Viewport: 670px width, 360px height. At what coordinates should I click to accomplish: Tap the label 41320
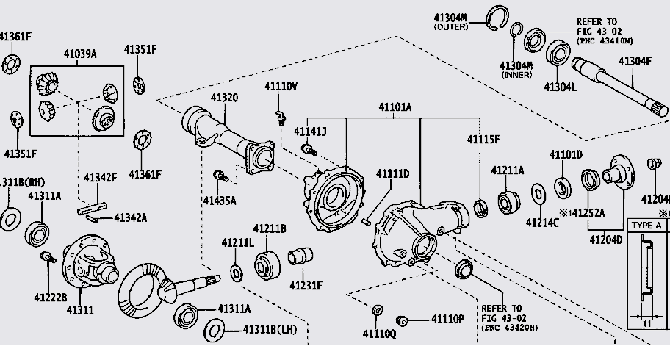(224, 98)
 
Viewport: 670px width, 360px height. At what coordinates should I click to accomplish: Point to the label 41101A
(395, 107)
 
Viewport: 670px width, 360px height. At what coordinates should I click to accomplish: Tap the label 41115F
(483, 139)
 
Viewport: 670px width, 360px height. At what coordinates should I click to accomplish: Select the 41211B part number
(270, 228)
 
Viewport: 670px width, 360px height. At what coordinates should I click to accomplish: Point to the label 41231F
(306, 285)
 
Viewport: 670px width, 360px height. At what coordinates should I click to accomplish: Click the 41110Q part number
(378, 334)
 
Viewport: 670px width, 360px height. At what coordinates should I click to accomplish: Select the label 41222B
(50, 296)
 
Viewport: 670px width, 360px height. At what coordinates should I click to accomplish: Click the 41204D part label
(605, 240)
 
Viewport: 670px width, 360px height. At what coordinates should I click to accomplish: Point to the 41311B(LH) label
(269, 328)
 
